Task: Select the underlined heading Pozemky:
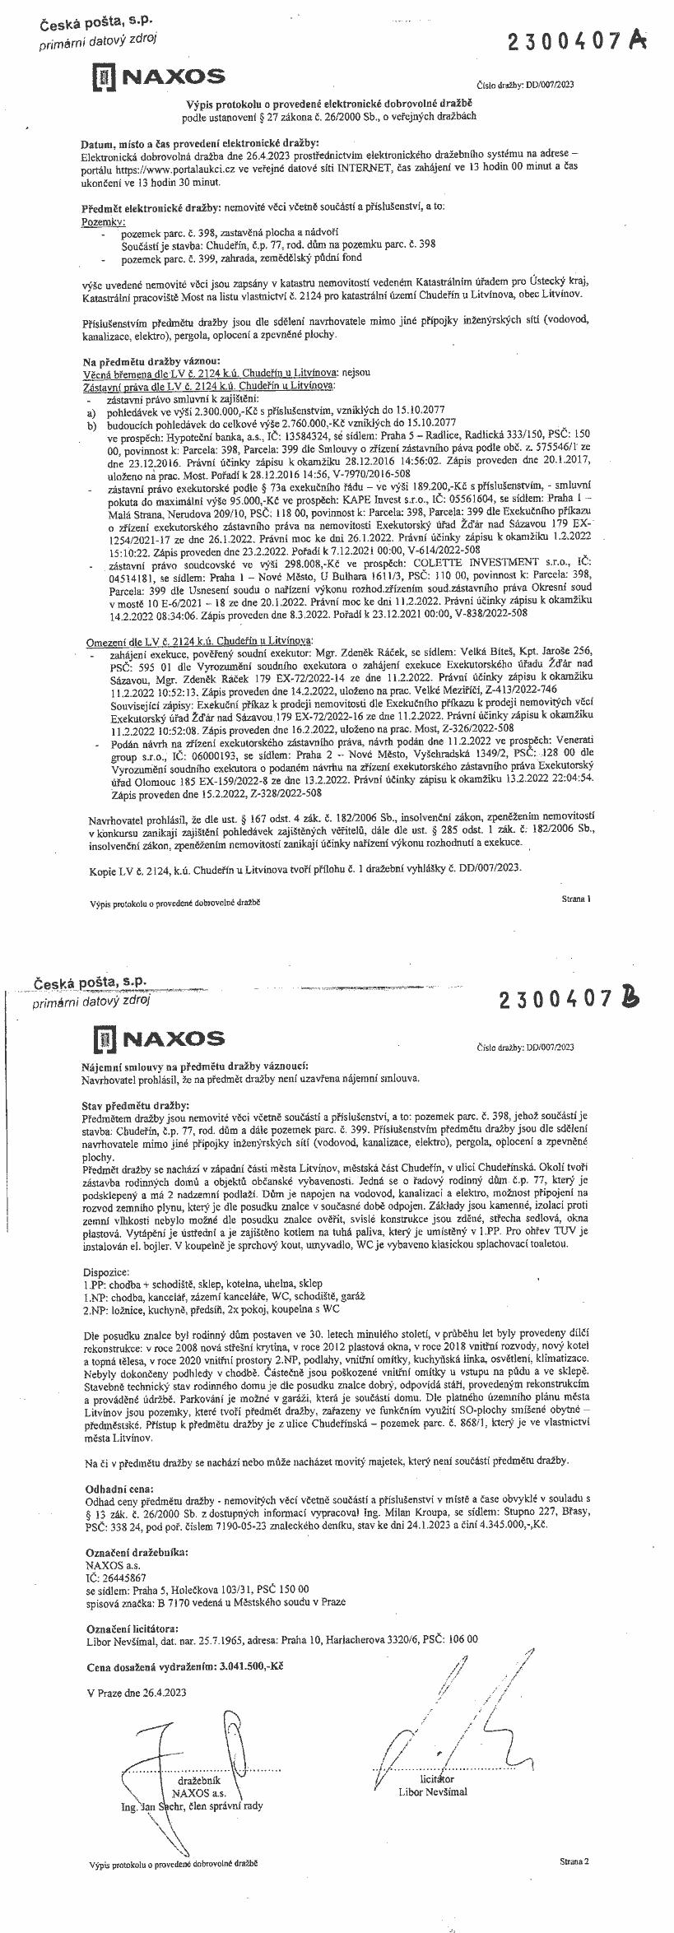103,222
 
